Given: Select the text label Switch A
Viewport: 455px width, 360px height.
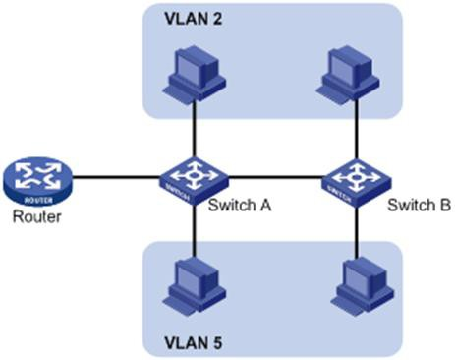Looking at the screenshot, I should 239,206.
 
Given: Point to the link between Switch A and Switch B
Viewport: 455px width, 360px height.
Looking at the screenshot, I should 275,179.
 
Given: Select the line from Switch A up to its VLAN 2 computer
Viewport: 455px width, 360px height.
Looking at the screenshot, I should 194,128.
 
